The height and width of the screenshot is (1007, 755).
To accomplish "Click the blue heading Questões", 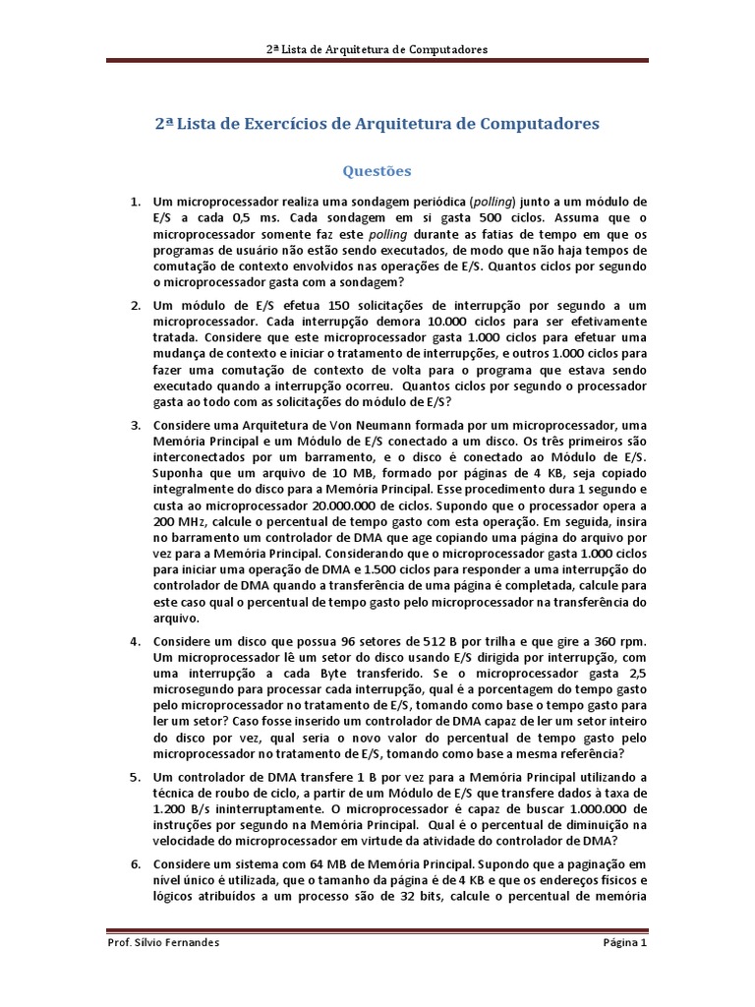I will click(377, 171).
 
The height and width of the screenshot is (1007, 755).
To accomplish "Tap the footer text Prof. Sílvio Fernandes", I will click(162, 943).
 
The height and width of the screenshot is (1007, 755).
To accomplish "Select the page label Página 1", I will click(625, 943).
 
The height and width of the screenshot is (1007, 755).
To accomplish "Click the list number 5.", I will click(136, 777).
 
